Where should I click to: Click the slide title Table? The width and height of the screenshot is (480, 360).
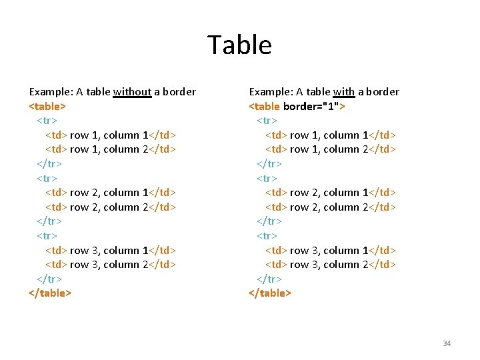click(x=239, y=45)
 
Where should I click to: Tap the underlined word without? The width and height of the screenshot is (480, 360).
click(x=133, y=92)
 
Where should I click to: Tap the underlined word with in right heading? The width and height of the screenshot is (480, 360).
click(x=344, y=92)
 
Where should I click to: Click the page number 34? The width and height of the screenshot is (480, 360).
click(x=446, y=343)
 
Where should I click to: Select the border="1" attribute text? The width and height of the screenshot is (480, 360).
click(x=311, y=106)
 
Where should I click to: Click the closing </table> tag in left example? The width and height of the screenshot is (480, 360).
click(x=50, y=293)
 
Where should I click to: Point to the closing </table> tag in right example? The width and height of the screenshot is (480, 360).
click(x=270, y=293)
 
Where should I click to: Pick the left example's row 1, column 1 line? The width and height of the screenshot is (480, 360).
click(x=110, y=135)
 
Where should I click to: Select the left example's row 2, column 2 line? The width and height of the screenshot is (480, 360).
click(x=110, y=207)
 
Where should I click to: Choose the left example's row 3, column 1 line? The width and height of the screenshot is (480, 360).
click(x=110, y=251)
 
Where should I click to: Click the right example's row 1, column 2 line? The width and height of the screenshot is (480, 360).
click(x=331, y=149)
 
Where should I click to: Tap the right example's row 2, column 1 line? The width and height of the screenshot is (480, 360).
click(x=331, y=193)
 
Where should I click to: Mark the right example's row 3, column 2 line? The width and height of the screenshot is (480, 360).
click(x=331, y=265)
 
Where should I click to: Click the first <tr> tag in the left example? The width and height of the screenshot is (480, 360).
click(x=47, y=121)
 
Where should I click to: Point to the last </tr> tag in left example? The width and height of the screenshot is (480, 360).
click(x=49, y=279)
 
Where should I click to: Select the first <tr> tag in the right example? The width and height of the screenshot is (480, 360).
click(x=267, y=121)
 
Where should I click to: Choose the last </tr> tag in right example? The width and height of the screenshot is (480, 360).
click(x=269, y=279)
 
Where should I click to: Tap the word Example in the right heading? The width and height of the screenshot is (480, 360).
click(x=271, y=92)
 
